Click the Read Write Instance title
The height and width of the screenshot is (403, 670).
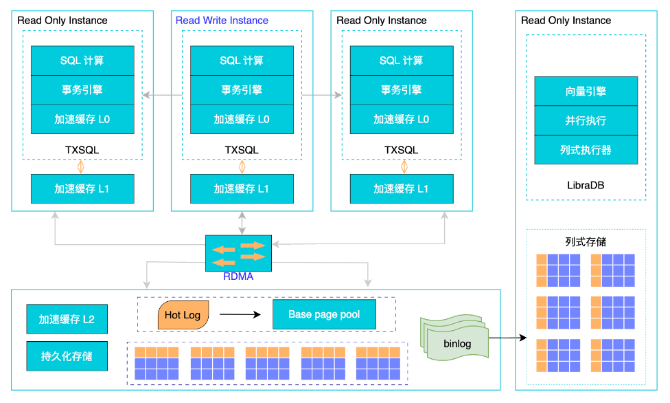pyautogui.click(x=222, y=21)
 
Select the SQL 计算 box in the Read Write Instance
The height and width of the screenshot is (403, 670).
pyautogui.click(x=242, y=61)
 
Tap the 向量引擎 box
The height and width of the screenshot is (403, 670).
pyautogui.click(x=586, y=91)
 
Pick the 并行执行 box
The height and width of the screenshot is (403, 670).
pyautogui.click(x=586, y=120)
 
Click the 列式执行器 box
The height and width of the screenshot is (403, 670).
pyautogui.click(x=586, y=149)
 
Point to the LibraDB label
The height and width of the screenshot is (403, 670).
pyautogui.click(x=586, y=185)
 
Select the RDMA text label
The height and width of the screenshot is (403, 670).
pyautogui.click(x=238, y=277)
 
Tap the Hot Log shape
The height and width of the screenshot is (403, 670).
pyautogui.click(x=183, y=315)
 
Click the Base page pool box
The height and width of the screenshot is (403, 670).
pyautogui.click(x=324, y=314)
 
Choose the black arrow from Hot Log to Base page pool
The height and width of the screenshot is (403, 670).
pyautogui.click(x=240, y=315)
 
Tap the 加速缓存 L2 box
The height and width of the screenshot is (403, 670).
pyautogui.click(x=67, y=319)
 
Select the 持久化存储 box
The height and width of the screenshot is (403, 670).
pyautogui.click(x=67, y=356)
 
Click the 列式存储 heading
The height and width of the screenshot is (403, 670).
pyautogui.click(x=586, y=242)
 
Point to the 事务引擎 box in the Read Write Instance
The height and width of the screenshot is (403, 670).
pyautogui.click(x=242, y=89)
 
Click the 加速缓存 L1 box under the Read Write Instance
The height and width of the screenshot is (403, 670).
pyautogui.click(x=242, y=188)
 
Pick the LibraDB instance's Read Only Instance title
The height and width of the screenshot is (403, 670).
pyautogui.click(x=566, y=21)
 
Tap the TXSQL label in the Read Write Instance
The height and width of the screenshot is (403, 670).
pyautogui.click(x=242, y=150)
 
